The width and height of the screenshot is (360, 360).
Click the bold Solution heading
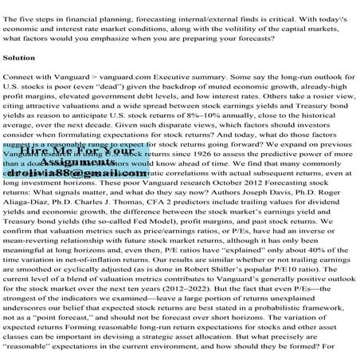click(x=18, y=59)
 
